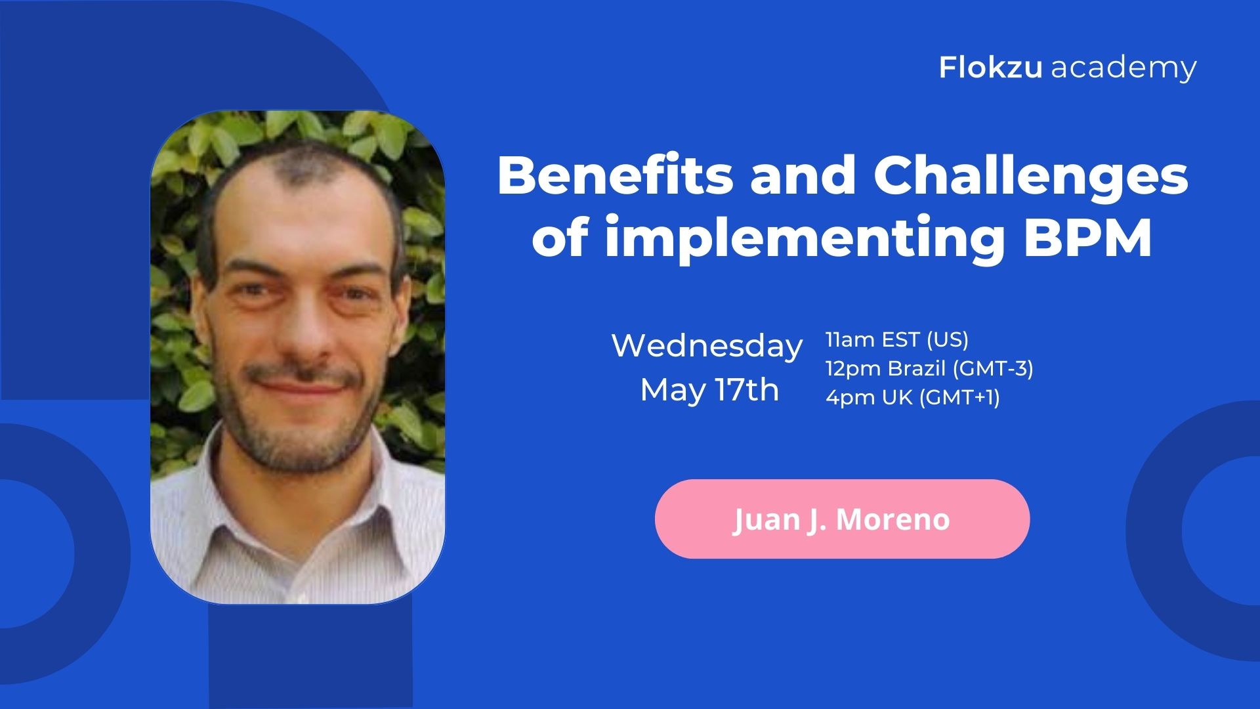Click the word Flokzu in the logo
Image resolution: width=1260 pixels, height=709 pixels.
[x=990, y=67]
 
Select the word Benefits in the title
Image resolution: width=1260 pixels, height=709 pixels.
[x=615, y=175]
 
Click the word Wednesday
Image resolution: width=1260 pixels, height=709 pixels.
[x=707, y=345]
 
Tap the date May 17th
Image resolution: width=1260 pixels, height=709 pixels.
[x=709, y=389]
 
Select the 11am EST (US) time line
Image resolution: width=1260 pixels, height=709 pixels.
[x=897, y=339]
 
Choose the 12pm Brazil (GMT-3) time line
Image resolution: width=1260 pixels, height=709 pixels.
[x=929, y=368]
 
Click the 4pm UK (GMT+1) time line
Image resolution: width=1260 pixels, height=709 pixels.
[x=913, y=397]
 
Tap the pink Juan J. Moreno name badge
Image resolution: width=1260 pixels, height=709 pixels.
[x=842, y=519]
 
